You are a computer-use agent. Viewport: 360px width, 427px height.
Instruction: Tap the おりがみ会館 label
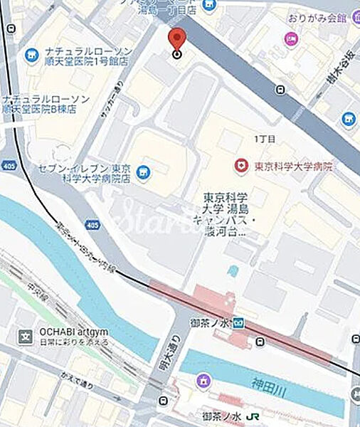317,18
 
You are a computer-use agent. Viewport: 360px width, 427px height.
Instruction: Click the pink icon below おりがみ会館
290,38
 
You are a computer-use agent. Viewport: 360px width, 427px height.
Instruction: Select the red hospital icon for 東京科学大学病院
242,167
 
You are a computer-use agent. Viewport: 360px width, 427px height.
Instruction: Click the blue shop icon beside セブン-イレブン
143,172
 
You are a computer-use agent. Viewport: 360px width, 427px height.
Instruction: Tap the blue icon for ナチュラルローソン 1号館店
31,54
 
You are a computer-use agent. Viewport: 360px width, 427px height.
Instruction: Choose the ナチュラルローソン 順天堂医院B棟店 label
46,104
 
